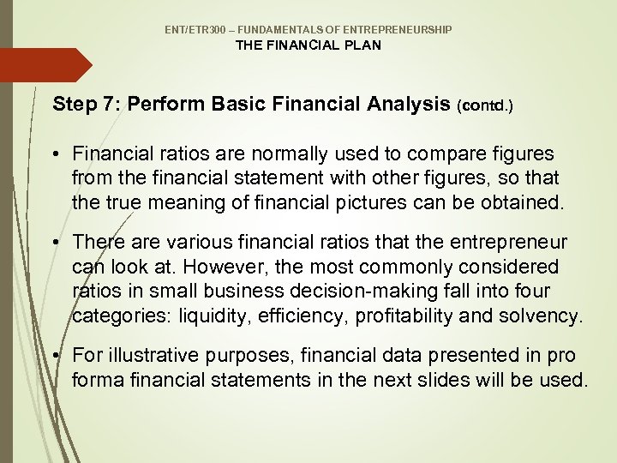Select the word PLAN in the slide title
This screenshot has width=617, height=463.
362,45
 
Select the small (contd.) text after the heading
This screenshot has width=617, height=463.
486,107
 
